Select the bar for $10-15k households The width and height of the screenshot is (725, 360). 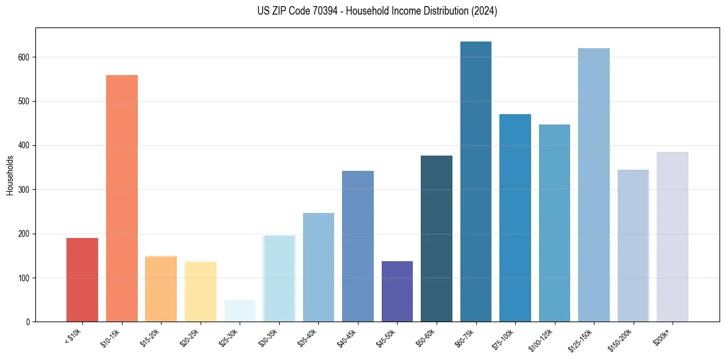[x=122, y=198]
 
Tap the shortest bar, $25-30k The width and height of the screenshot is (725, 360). [x=240, y=311]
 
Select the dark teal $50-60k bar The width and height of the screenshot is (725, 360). [x=437, y=239]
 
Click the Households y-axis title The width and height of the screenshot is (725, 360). [x=10, y=175]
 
